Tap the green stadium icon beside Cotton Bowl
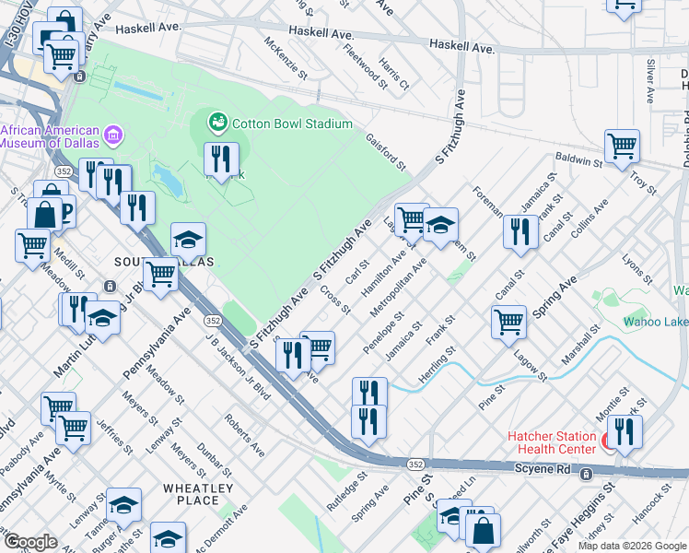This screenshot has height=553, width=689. click(x=218, y=122)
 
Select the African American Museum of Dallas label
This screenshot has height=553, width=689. click(x=52, y=136)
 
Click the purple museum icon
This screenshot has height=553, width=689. click(x=114, y=136)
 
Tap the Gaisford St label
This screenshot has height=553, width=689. click(x=385, y=150)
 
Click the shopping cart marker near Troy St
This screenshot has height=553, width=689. click(x=622, y=146)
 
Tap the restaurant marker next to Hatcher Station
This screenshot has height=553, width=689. click(x=625, y=430)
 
